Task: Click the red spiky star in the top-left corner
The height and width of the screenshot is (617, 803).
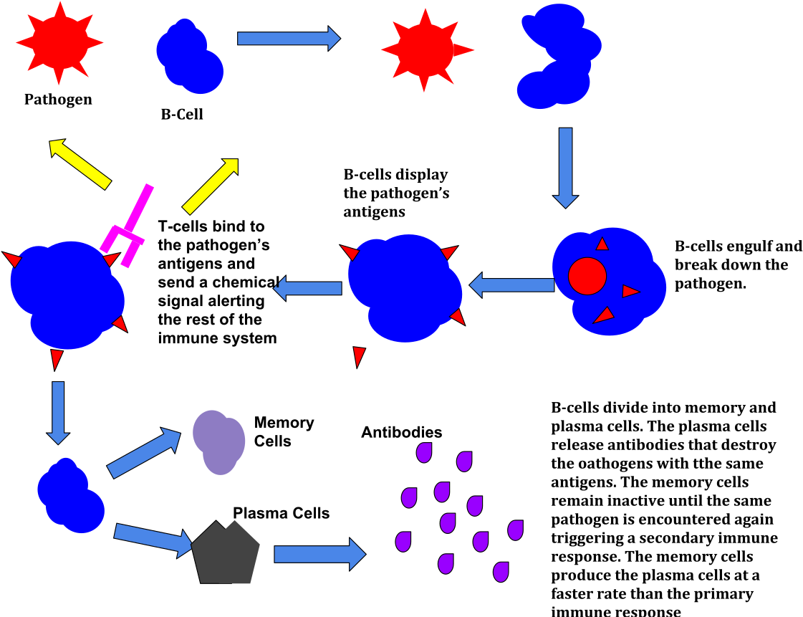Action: [59, 43]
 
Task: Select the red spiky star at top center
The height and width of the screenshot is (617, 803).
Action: [425, 50]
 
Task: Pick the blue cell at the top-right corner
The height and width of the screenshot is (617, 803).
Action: [559, 56]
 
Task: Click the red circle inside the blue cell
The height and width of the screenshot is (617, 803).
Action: [587, 276]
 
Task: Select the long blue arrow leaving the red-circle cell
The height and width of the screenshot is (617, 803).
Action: [511, 285]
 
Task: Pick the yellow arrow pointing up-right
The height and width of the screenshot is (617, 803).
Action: [211, 186]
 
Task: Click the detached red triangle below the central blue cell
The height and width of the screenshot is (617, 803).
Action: [358, 355]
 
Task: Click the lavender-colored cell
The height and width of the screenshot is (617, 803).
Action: [219, 441]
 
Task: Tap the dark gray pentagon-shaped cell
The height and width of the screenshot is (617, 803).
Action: [226, 554]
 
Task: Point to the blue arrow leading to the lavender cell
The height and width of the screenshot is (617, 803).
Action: [143, 453]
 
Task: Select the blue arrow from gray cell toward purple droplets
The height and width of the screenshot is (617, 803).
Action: [319, 554]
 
